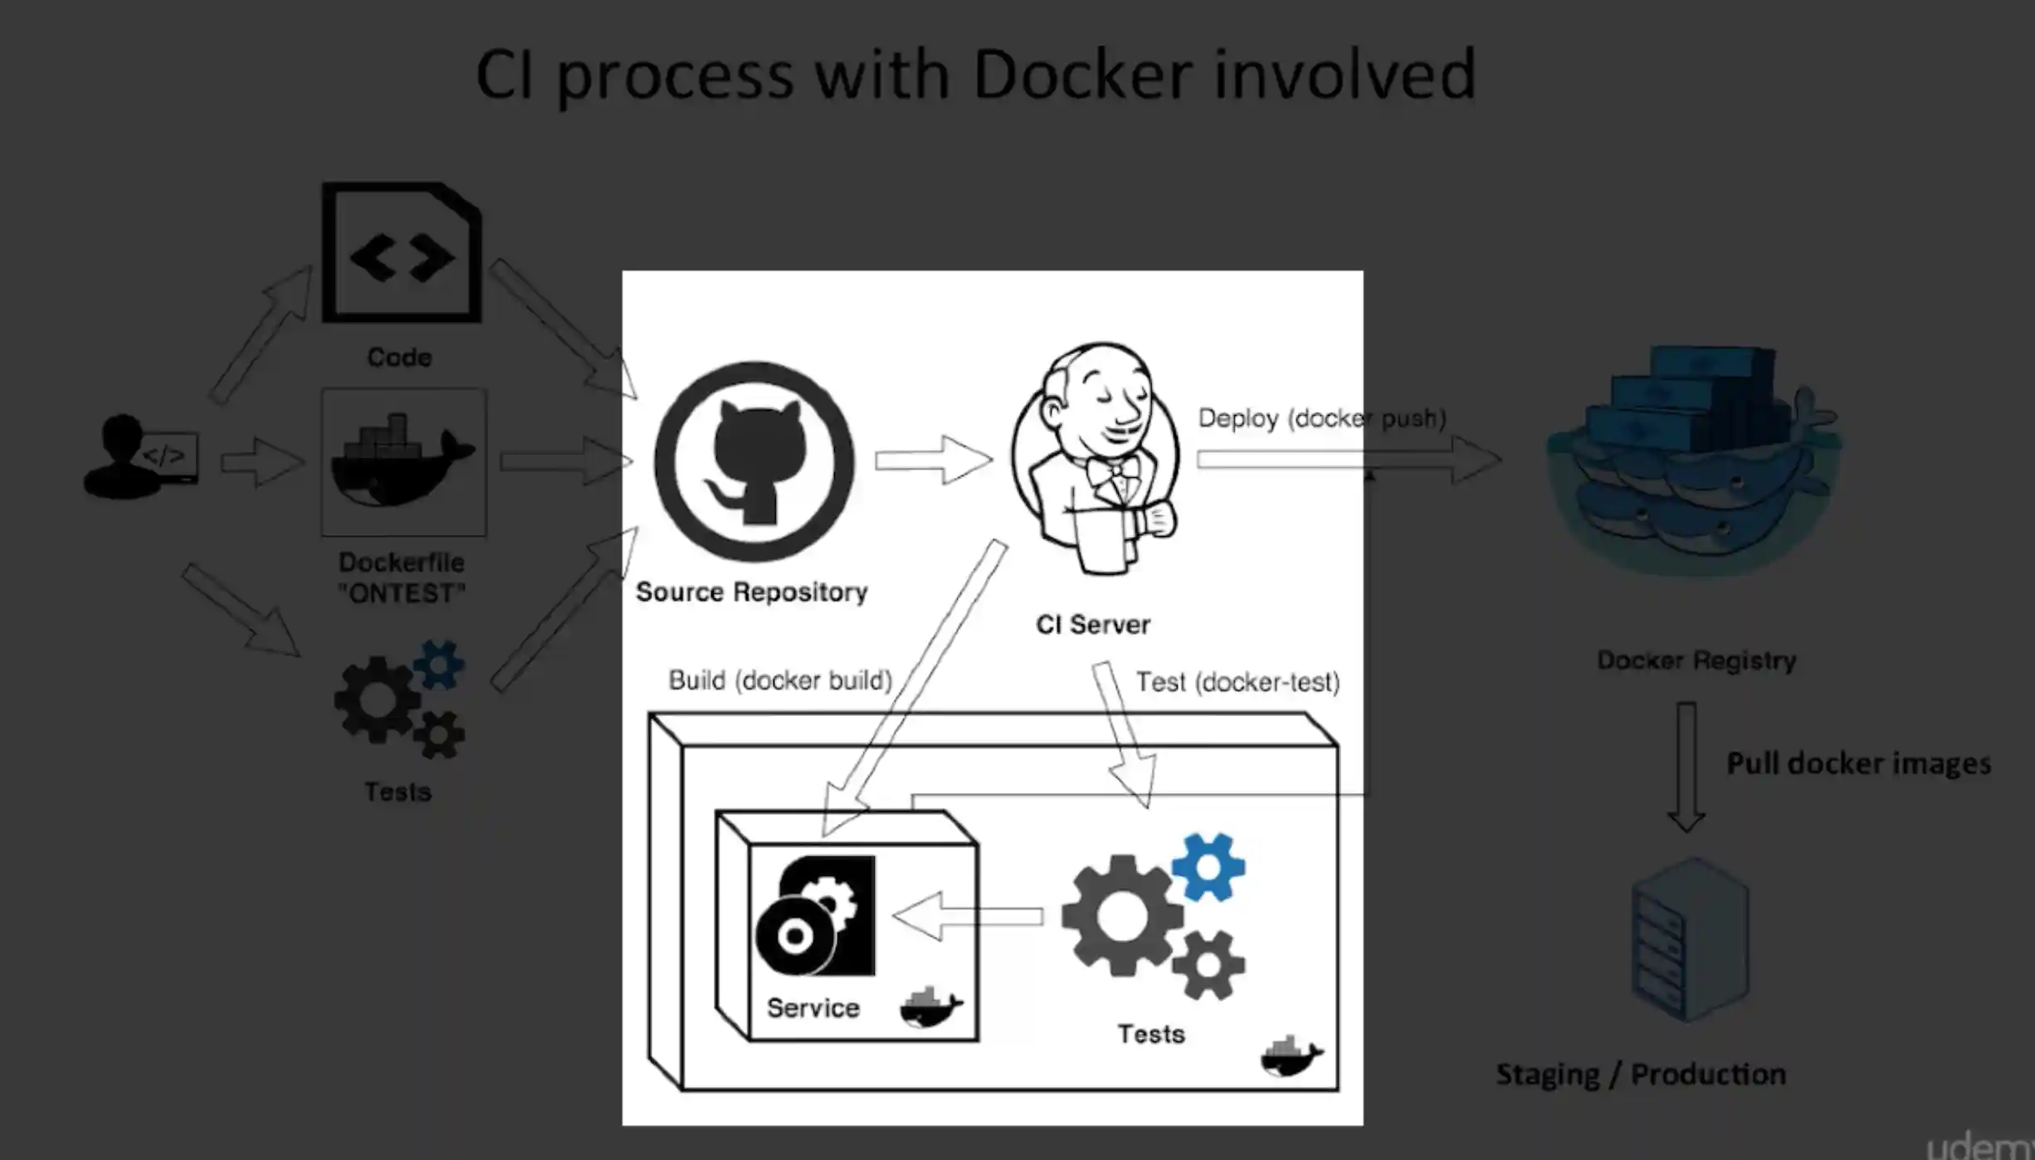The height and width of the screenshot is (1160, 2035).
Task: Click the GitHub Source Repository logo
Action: click(x=754, y=461)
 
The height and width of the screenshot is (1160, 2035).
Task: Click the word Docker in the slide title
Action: click(x=1082, y=75)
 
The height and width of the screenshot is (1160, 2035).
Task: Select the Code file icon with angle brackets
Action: click(x=403, y=252)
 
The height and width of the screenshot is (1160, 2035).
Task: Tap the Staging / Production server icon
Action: click(x=1690, y=939)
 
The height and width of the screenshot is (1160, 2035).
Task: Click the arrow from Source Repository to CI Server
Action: click(x=934, y=459)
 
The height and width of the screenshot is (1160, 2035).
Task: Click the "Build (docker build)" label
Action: click(x=780, y=680)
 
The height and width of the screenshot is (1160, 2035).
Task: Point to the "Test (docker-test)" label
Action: click(x=1237, y=682)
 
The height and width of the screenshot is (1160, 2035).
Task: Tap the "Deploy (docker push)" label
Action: click(x=1321, y=418)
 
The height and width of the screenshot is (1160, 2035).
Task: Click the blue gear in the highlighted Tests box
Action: click(x=1208, y=867)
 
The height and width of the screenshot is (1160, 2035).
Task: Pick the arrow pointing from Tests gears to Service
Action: click(x=968, y=916)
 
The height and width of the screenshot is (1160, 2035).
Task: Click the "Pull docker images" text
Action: click(x=1858, y=763)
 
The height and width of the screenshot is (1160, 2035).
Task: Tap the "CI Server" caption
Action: click(x=1093, y=624)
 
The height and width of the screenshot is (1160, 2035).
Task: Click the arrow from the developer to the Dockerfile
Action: click(x=262, y=461)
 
